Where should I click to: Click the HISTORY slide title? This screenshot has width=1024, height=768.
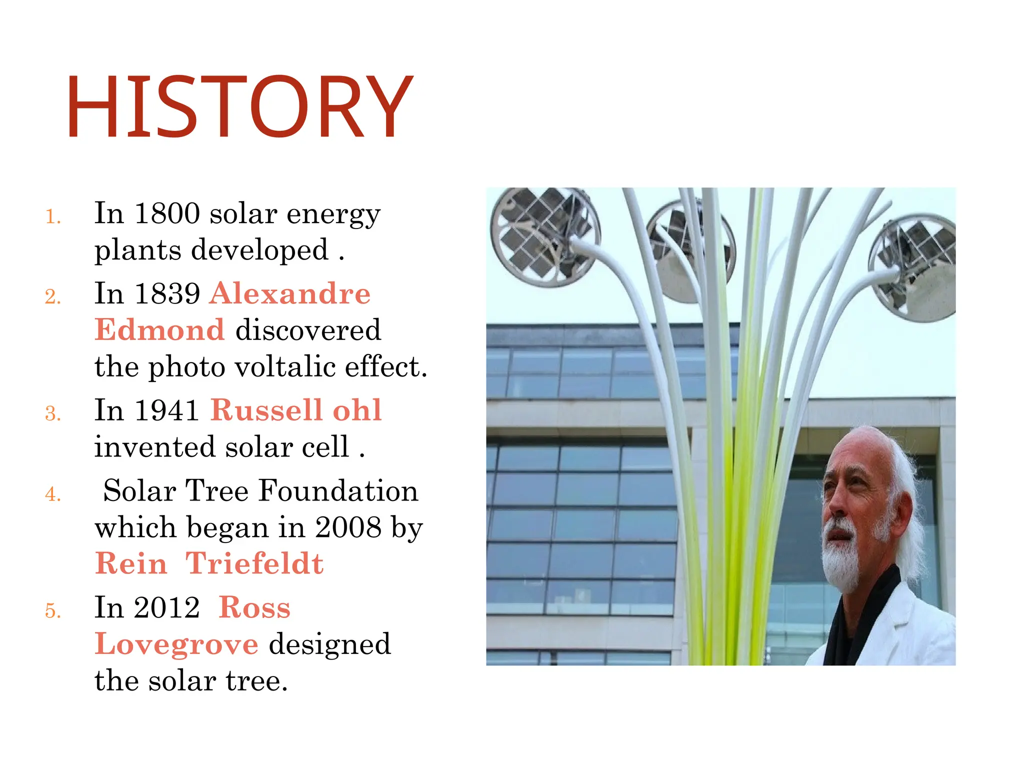pos(239,106)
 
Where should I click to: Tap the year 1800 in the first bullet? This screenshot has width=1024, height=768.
pos(167,214)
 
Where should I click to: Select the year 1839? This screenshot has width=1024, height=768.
pos(167,293)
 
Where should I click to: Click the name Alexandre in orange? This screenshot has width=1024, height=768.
pos(290,293)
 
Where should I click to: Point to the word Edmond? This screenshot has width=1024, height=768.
pos(159,330)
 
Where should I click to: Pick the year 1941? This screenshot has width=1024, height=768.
pos(167,410)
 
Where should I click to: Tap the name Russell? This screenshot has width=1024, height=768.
pos(266,410)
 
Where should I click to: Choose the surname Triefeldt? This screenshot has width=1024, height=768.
pos(254,564)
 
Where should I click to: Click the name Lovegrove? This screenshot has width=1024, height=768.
pos(176,644)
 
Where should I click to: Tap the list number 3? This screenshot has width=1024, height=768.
pos(52,414)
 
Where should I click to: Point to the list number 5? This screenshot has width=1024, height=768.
pos(52,611)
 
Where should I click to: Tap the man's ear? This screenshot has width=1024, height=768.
pos(897,510)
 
